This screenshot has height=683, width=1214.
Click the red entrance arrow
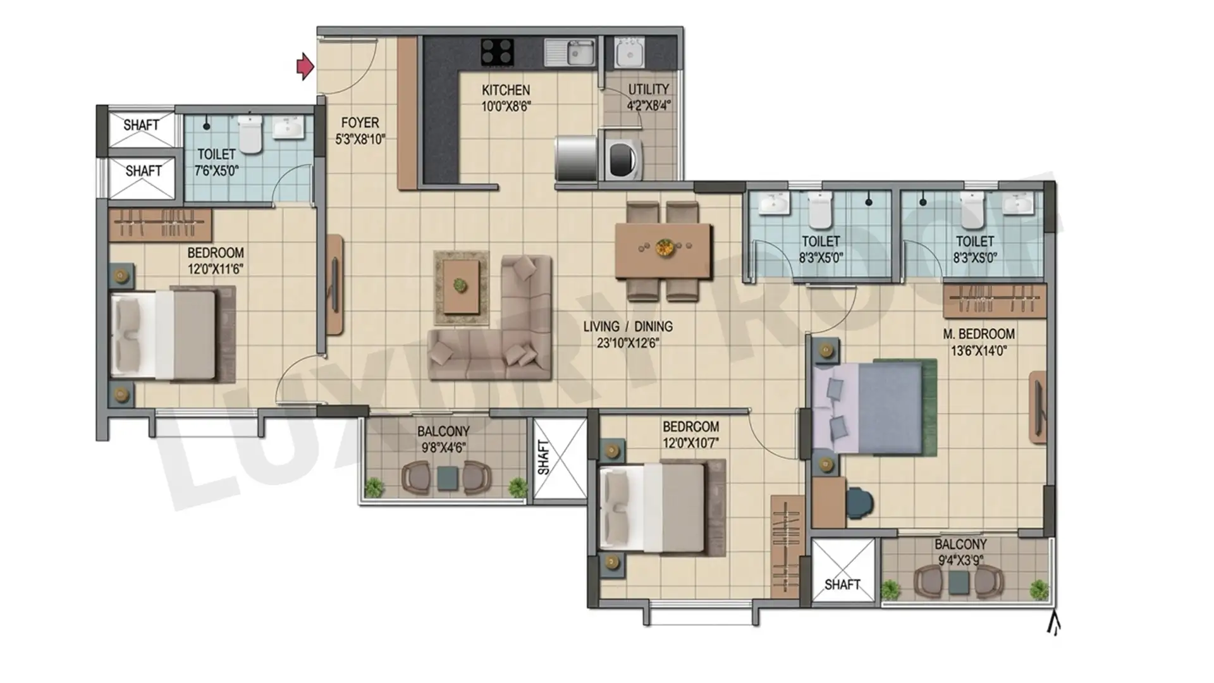(305, 66)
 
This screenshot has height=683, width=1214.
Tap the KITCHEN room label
(506, 90)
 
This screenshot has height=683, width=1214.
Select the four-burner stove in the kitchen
(497, 52)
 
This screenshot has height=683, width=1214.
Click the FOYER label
(360, 122)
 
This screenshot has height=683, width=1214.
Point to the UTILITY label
(648, 89)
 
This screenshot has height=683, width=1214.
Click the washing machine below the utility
(624, 159)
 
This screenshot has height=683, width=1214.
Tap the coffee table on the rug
(461, 286)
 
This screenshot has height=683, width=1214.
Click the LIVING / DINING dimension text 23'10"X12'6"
(628, 343)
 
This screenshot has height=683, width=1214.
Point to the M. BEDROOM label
(979, 333)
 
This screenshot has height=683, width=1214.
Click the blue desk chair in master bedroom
(861, 502)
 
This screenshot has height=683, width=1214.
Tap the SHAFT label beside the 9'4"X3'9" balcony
(842, 584)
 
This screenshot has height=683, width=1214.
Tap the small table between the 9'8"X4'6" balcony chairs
(448, 478)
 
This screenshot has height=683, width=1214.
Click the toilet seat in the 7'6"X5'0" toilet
(250, 134)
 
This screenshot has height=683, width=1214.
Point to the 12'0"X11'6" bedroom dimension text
(215, 269)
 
